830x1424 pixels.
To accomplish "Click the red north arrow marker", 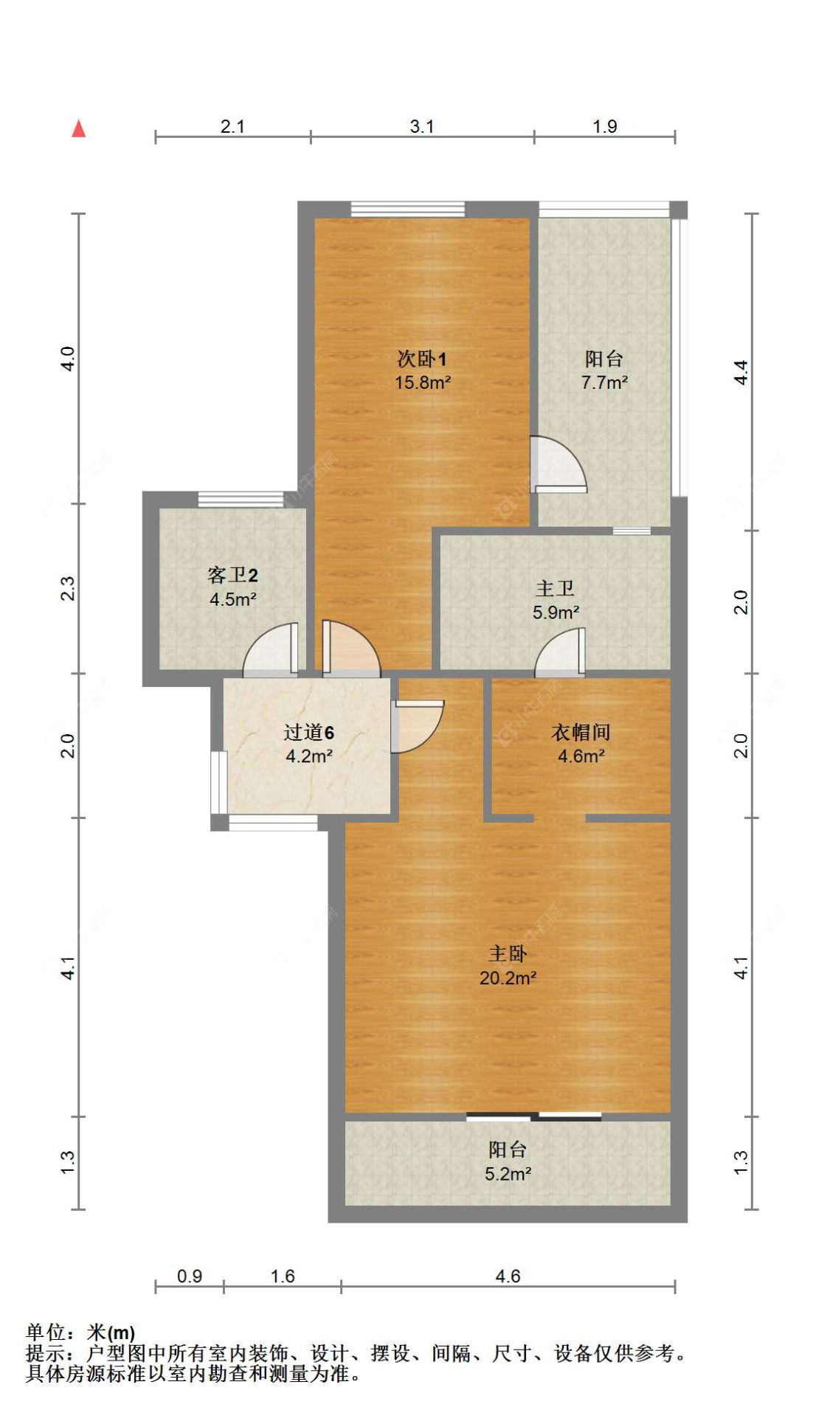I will pos(79,128).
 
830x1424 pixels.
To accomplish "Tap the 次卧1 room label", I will pos(422,359).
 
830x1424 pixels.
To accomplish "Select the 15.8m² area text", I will pos(422,383).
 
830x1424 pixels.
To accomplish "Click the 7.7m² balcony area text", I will pos(604,383).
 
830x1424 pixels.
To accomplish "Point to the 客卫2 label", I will pos(232,575).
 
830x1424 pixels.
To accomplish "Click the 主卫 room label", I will pos(555,588).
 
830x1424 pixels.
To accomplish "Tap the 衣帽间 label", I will pos(581,732).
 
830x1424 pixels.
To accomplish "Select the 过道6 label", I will pos(308,732).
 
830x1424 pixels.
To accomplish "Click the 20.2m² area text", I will pos(508,978).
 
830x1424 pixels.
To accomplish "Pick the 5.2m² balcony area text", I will pos(508,1174).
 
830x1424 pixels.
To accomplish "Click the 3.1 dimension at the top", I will pos(422,126).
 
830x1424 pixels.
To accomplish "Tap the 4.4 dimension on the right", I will pos(741,372).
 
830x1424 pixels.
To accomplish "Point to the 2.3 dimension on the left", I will pos(67,588).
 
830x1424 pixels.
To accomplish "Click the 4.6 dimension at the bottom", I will pos(508,1276).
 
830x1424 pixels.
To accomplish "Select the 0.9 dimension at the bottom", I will pos(190,1276).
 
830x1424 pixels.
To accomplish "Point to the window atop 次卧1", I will pos(407,210).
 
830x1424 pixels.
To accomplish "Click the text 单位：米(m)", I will pos(80,1332).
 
